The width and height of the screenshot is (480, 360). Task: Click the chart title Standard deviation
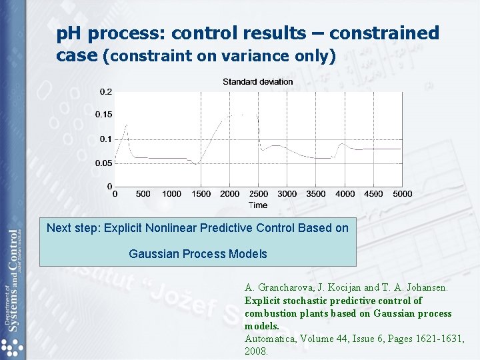(x=257, y=82)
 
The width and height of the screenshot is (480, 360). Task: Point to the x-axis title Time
(x=258, y=205)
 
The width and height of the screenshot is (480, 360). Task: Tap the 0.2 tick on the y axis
(x=105, y=91)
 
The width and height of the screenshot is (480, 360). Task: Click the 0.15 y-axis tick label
(x=103, y=115)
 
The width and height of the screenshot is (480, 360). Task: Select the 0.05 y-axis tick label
(x=103, y=163)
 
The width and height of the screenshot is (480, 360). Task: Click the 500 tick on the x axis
(x=143, y=194)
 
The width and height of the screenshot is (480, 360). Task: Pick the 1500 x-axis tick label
(x=201, y=194)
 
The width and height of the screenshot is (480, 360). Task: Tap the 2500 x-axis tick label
(x=258, y=194)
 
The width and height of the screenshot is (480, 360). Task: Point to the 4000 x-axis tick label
(x=345, y=194)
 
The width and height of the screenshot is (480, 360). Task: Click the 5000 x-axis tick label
(x=402, y=194)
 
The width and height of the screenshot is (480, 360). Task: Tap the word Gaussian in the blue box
(x=153, y=254)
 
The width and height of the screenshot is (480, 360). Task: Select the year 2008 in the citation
(x=256, y=351)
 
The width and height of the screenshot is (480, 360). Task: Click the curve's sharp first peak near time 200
(x=126, y=125)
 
